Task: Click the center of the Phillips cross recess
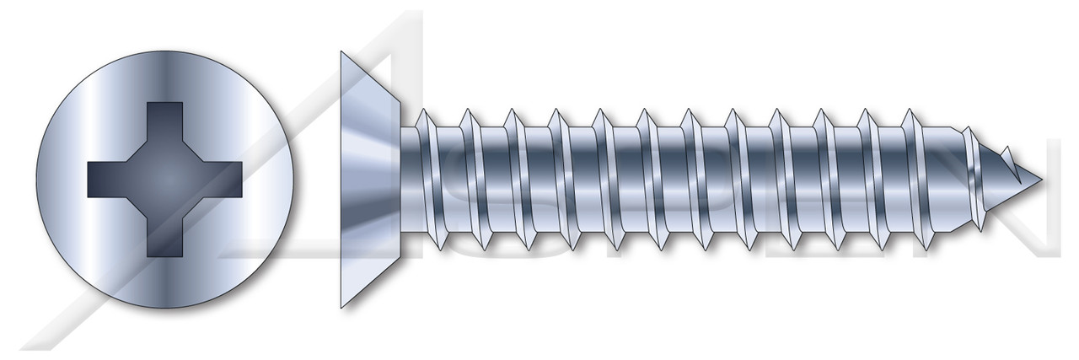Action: point(165,180)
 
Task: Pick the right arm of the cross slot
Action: point(224,180)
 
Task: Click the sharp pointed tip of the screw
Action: point(1043,180)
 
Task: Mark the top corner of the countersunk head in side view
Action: point(341,52)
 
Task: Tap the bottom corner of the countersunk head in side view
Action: point(341,307)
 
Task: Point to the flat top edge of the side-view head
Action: point(342,180)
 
